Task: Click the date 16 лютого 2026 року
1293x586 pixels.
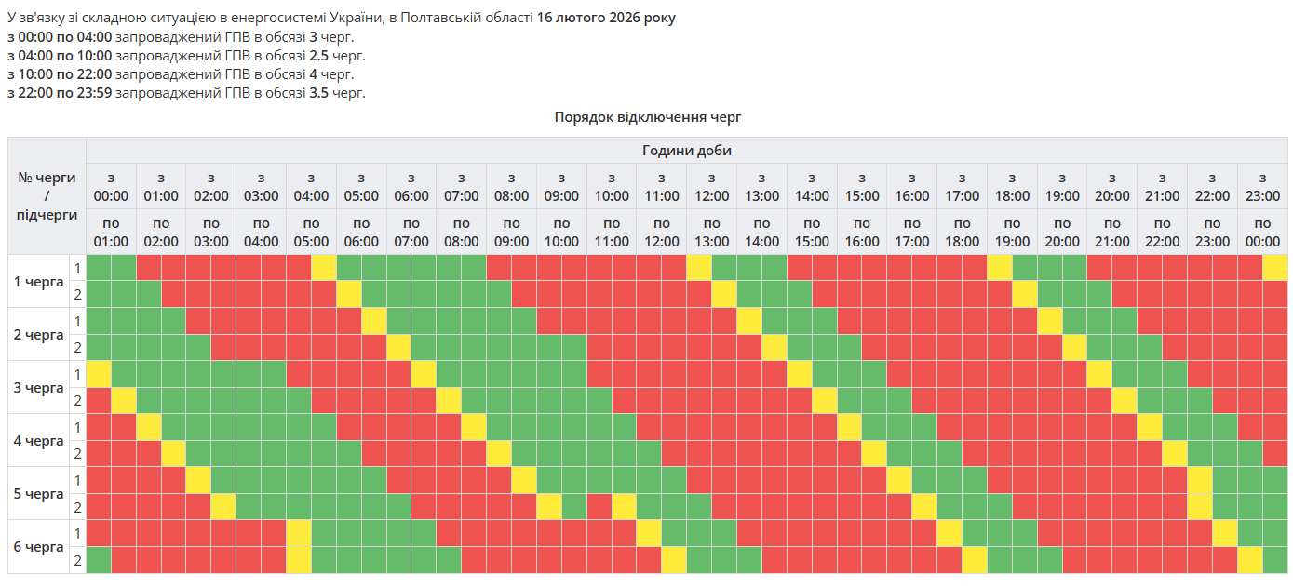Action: [x=606, y=19]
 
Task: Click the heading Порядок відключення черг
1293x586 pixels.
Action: [x=647, y=117]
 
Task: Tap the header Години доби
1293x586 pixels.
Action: [x=687, y=151]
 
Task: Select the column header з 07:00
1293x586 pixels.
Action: [x=461, y=186]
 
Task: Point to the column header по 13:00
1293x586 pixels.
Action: [x=711, y=232]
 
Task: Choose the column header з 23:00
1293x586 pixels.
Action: [x=1262, y=186]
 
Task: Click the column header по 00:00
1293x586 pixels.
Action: [x=1262, y=232]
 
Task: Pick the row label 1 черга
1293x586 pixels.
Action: [x=38, y=281]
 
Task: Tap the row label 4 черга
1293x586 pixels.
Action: [x=38, y=440]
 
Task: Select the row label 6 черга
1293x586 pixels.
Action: [x=38, y=546]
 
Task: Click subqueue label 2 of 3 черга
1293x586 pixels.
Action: [x=78, y=401]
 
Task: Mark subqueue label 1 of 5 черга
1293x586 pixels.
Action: [x=78, y=480]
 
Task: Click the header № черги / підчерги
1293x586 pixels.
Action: [x=47, y=196]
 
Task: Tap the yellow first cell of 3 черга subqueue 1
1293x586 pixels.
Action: [x=99, y=374]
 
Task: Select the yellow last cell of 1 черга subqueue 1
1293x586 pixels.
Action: [x=1274, y=268]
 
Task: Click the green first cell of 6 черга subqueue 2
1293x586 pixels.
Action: [x=99, y=560]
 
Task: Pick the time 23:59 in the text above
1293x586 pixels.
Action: [x=93, y=93]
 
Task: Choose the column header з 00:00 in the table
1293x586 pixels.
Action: [x=111, y=186]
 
